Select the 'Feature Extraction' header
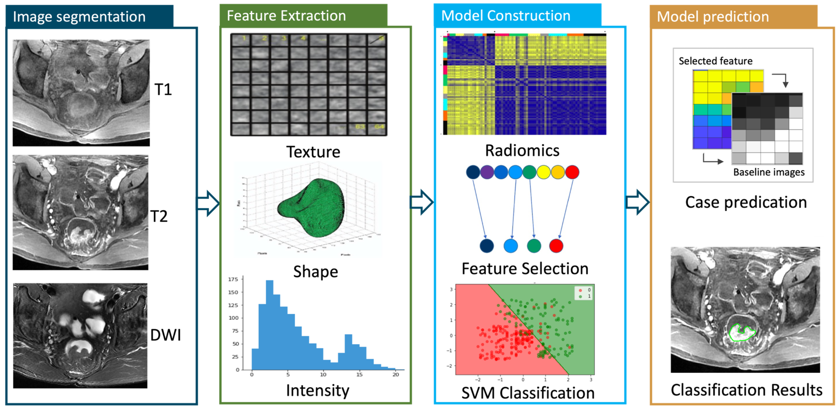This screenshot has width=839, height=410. pyautogui.click(x=286, y=16)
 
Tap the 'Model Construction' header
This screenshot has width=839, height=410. pyautogui.click(x=506, y=16)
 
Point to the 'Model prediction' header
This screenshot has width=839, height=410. pyautogui.click(x=713, y=17)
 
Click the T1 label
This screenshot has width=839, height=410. pyautogui.click(x=163, y=90)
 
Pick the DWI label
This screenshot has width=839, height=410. pyautogui.click(x=165, y=335)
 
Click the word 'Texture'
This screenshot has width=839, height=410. pyautogui.click(x=313, y=152)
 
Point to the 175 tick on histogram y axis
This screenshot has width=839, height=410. pyautogui.click(x=233, y=279)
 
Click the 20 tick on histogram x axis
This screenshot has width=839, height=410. pyautogui.click(x=395, y=375)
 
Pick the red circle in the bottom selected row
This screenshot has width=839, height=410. pyautogui.click(x=556, y=246)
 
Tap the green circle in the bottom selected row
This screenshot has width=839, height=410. pyautogui.click(x=534, y=246)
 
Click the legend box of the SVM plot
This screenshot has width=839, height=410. pyautogui.click(x=583, y=293)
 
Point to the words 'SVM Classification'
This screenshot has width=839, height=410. pyautogui.click(x=528, y=393)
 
